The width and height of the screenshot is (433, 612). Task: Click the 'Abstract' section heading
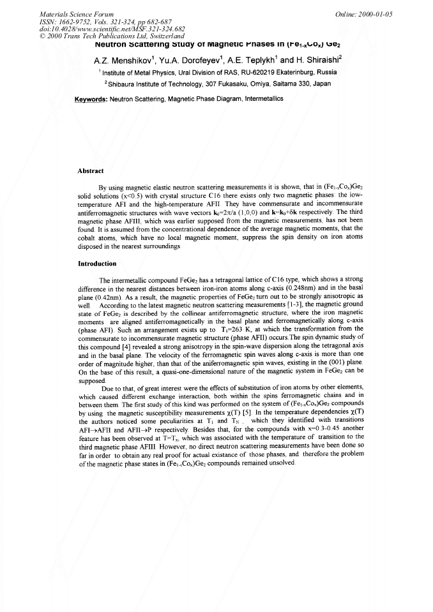click(x=91, y=170)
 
